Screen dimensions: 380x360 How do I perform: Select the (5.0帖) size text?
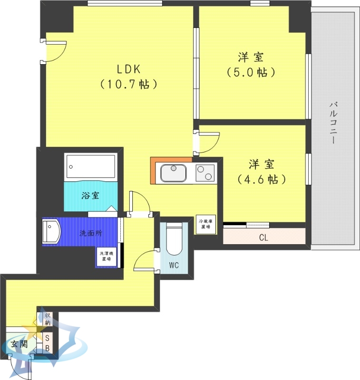[251, 73]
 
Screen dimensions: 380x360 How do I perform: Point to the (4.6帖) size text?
[262, 180]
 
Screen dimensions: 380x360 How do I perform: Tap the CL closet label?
[263, 237]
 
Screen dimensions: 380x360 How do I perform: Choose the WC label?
[174, 266]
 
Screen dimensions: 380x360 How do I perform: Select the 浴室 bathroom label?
[90, 195]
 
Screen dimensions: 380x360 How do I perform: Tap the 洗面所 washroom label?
[90, 233]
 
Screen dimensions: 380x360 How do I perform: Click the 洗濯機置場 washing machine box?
[106, 257]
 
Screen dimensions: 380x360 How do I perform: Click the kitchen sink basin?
[174, 172]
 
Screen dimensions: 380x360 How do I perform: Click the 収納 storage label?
[48, 319]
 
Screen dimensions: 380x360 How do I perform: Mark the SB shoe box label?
[48, 343]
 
